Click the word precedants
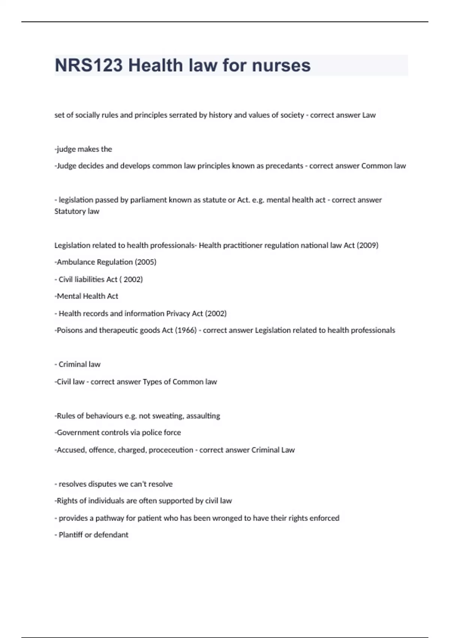284,166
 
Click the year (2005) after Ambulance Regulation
145,262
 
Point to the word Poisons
69,330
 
